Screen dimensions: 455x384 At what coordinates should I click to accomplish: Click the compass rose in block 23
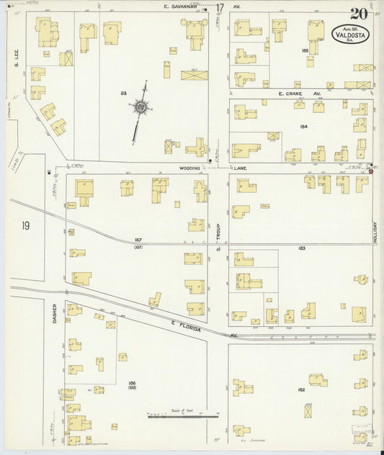click(141, 109)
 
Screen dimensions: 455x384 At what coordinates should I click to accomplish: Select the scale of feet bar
click(183, 415)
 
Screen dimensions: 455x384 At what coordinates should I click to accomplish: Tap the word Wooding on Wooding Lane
click(190, 167)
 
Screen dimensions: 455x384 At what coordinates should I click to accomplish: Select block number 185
click(305, 51)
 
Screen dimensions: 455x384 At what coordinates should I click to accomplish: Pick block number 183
click(302, 248)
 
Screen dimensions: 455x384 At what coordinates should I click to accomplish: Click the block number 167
click(138, 240)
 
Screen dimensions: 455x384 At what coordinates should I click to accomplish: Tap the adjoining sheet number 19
click(26, 227)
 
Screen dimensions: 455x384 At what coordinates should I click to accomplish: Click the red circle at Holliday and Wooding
click(371, 171)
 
